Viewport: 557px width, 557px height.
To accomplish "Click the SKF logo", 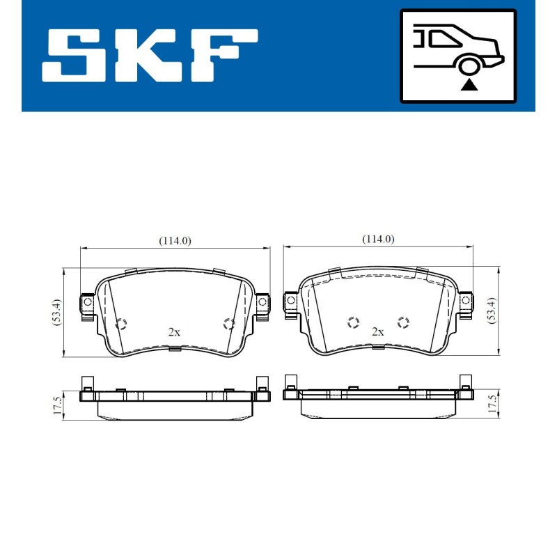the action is (x=150, y=56).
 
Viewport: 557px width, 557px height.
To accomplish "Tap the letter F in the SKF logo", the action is (x=223, y=56).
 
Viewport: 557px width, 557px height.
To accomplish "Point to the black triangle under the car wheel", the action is (x=469, y=85).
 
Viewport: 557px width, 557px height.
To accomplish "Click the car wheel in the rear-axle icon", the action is (x=469, y=66).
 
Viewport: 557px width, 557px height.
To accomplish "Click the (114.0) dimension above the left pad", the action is (x=175, y=241).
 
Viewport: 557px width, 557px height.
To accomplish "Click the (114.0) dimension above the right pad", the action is (x=378, y=240).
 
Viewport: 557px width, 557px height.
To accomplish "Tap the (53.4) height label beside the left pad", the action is (x=57, y=312).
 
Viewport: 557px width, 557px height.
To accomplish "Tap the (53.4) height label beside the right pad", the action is (x=492, y=310).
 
